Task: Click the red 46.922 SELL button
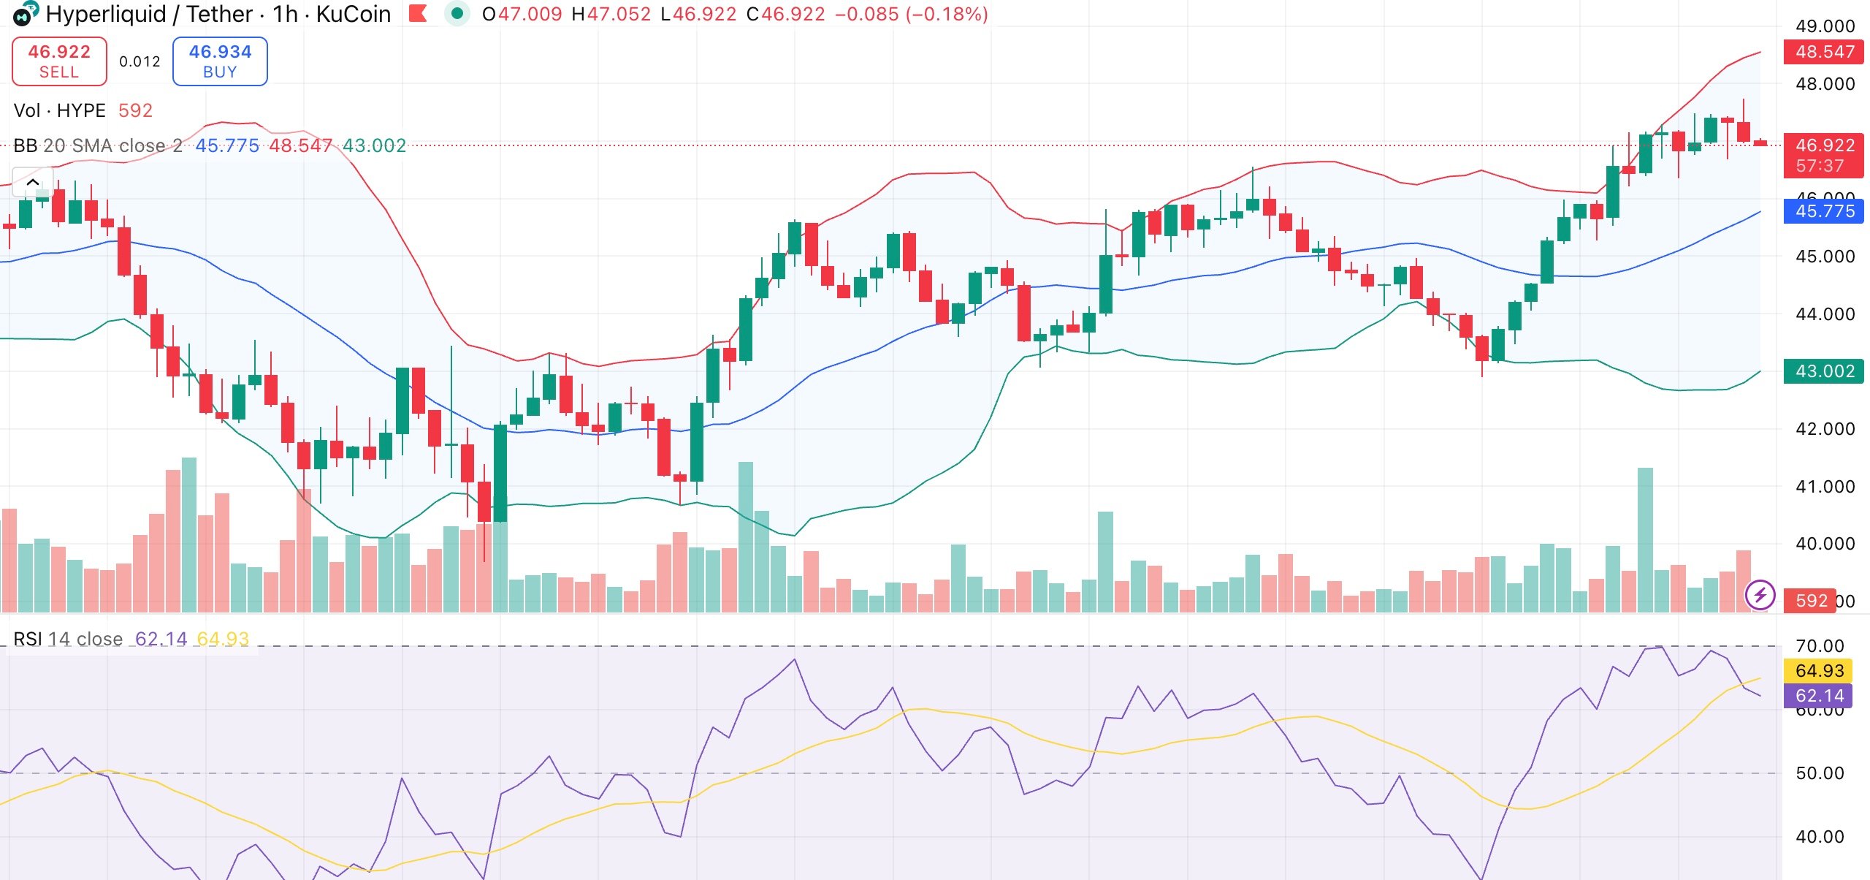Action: click(59, 61)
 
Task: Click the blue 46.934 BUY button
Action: click(220, 61)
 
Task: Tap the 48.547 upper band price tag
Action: click(1824, 52)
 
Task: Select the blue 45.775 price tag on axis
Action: click(1824, 211)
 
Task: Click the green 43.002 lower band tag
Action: click(1824, 371)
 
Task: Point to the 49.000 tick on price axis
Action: click(1825, 26)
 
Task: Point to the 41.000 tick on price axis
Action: click(1825, 487)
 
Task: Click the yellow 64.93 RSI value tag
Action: click(1819, 671)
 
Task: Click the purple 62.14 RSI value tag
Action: click(1819, 696)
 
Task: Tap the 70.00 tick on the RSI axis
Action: click(1819, 646)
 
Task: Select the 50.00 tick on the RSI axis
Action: click(1819, 773)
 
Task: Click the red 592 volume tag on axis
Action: click(1811, 601)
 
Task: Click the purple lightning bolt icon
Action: click(1760, 595)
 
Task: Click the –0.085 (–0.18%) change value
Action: click(911, 14)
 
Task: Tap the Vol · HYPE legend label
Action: click(59, 110)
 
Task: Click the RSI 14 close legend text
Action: click(68, 639)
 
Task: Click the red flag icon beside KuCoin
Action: click(418, 13)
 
